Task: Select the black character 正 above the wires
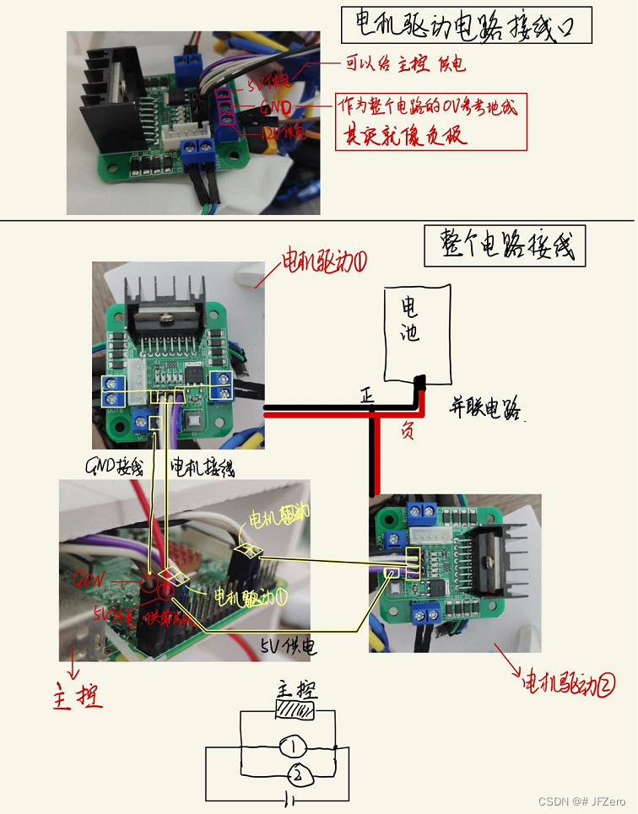coord(366,394)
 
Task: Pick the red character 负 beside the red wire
coord(407,431)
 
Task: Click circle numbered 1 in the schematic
coord(291,747)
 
